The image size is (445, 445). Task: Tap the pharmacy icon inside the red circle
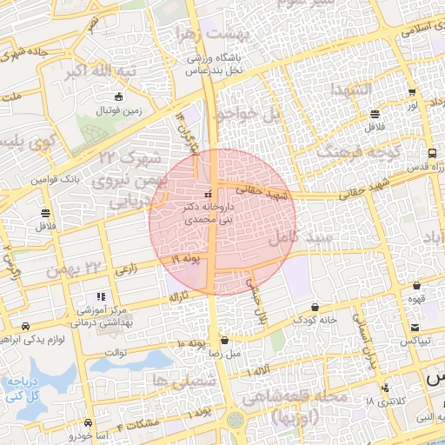click(x=207, y=194)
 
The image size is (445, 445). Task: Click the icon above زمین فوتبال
click(x=119, y=96)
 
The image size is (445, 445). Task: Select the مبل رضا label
click(x=224, y=354)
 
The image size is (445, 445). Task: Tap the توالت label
click(x=116, y=352)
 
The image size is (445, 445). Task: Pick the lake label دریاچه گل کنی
click(x=24, y=388)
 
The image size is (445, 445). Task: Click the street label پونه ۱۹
click(x=186, y=259)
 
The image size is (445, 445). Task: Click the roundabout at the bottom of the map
click(x=236, y=422)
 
